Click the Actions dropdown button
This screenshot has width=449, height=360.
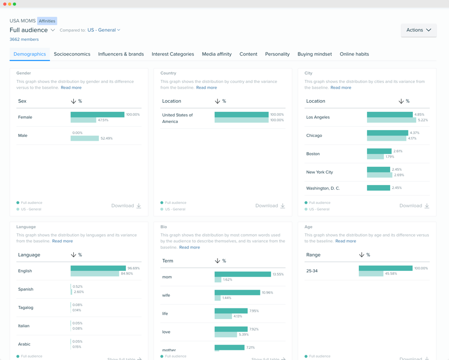pos(418,30)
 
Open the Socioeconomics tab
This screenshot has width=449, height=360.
pos(72,54)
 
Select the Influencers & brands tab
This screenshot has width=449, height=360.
pos(121,54)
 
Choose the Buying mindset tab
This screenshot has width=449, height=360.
pos(314,54)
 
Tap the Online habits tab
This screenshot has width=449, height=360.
pos(354,54)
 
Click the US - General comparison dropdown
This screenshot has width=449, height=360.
pos(104,30)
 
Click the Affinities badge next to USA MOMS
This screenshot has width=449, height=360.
pos(47,21)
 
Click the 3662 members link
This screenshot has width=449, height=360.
pos(24,40)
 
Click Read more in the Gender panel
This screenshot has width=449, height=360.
pos(71,88)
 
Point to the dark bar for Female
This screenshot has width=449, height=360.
pos(97,115)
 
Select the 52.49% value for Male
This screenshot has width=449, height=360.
pos(106,138)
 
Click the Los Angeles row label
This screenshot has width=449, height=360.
pos(318,117)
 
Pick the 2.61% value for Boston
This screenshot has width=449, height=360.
pos(398,151)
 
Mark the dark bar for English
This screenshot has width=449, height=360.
pos(98,268)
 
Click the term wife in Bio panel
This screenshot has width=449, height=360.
pos(166,295)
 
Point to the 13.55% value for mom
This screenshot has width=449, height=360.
pos(278,274)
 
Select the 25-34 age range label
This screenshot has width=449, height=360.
pos(312,271)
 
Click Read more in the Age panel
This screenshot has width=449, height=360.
pos(345,241)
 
